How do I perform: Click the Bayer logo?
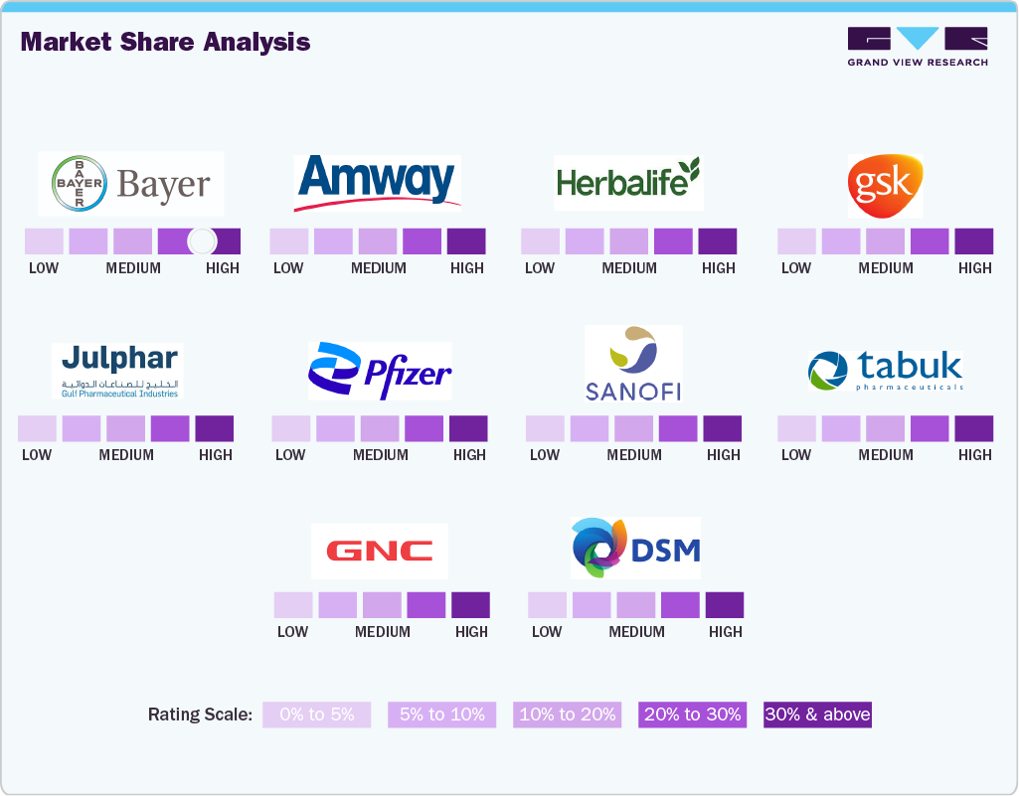(x=131, y=184)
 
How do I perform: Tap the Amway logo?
(x=377, y=183)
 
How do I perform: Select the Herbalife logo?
(x=628, y=181)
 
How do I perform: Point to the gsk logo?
(x=885, y=186)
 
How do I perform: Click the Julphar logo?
(x=117, y=371)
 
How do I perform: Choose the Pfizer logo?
(x=380, y=372)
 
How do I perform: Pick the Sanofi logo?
(x=633, y=363)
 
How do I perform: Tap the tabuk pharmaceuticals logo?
(x=885, y=371)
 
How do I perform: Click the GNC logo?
(x=380, y=552)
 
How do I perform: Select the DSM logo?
(x=635, y=548)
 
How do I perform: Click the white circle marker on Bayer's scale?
(x=202, y=241)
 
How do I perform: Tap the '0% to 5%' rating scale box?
(x=316, y=715)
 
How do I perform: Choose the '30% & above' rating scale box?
(x=817, y=715)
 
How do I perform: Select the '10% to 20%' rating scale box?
(x=567, y=715)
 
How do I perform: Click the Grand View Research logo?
(x=918, y=47)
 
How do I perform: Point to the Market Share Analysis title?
(x=165, y=42)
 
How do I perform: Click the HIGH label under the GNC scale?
(x=471, y=632)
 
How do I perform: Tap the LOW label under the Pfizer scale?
(x=290, y=455)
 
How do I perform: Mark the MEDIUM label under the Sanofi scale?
(x=634, y=455)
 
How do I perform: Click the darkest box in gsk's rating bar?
(x=973, y=241)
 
